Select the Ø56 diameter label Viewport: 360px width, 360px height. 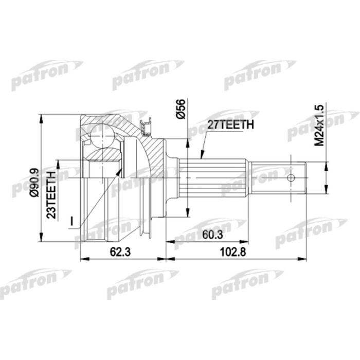[x=181, y=109]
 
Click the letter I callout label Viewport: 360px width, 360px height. [x=73, y=221]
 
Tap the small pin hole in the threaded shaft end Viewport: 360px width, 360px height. [x=291, y=178]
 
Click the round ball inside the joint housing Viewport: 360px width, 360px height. [x=102, y=136]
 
